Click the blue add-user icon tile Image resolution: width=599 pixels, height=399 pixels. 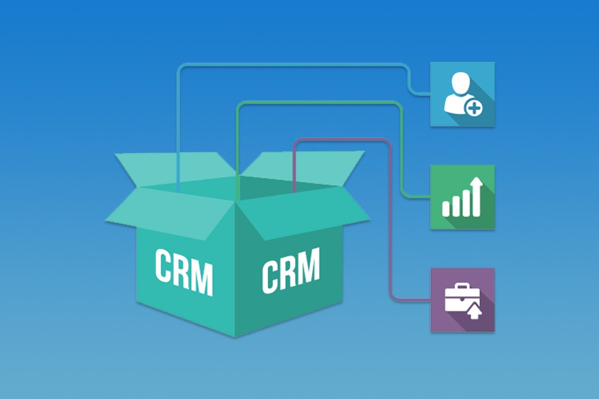pos(462,94)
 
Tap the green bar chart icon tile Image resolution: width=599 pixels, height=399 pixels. pos(462,197)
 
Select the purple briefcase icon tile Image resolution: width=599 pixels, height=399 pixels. pos(462,300)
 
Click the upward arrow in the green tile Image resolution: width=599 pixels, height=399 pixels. pos(477,192)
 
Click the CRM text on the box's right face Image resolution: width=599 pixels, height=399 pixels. pos(291,269)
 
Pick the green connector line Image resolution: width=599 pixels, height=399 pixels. pos(319,103)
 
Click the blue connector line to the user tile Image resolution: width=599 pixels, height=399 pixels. pos(290,64)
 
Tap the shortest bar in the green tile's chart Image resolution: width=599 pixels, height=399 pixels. pos(446,208)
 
